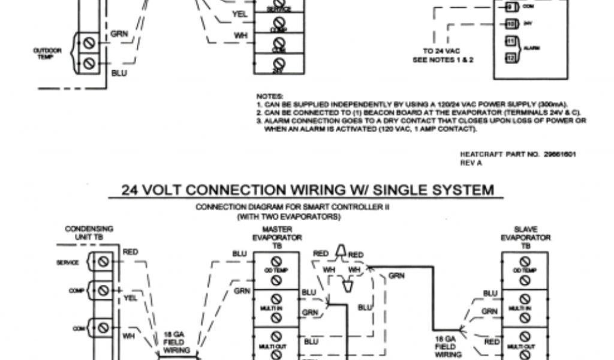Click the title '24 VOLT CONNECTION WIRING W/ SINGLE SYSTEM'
pos(308,190)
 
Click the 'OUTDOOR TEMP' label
pos(47,53)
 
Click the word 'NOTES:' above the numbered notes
pos(270,96)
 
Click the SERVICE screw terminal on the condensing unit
pos(103,262)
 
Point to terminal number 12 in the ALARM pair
pos(510,58)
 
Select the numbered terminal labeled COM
pos(510,7)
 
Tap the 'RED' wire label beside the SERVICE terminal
pos(130,253)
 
